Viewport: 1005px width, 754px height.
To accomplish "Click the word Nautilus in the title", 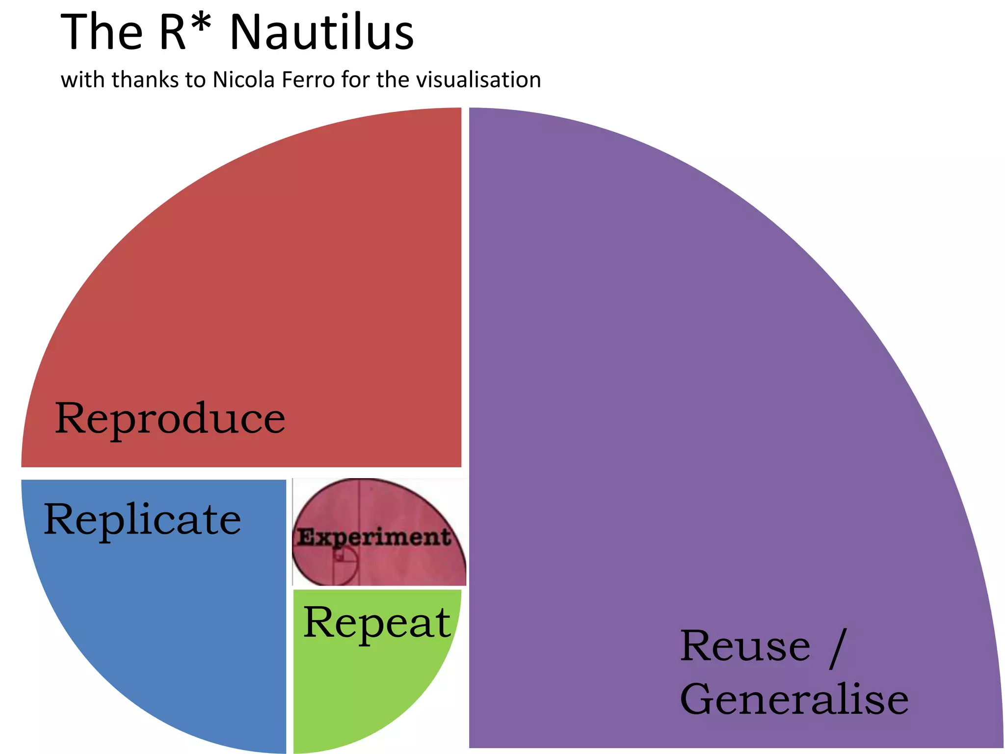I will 322,32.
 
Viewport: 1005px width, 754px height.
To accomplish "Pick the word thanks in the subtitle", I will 146,80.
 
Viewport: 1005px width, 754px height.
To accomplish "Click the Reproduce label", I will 170,418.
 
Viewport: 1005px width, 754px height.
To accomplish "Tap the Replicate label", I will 142,519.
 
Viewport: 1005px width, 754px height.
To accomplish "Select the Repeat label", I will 377,622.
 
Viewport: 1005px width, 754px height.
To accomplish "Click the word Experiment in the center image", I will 374,537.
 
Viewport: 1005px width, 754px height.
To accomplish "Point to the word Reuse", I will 745,646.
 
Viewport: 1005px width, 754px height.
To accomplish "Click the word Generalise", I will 794,699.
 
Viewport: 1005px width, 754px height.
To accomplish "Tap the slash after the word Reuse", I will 838,648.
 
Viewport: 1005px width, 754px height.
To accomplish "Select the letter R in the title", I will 173,32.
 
